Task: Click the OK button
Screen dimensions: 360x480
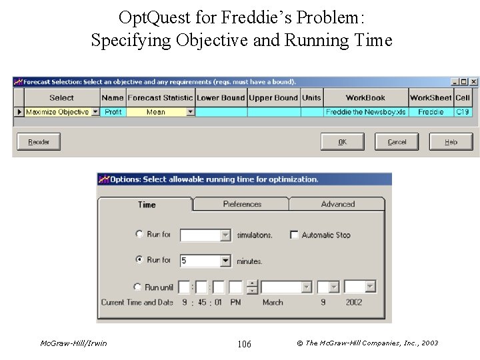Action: pos(343,141)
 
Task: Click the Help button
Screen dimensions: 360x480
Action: pos(451,141)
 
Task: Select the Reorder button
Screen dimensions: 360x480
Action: pos(39,141)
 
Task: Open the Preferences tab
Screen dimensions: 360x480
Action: pos(241,204)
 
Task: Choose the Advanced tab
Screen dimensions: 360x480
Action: pos(337,204)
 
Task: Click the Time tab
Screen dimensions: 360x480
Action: pos(147,205)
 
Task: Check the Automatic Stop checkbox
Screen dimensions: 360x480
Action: pos(294,235)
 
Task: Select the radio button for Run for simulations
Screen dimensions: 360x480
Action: pos(139,234)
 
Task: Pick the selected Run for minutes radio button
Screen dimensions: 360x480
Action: pos(139,259)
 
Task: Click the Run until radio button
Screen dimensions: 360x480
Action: pos(137,287)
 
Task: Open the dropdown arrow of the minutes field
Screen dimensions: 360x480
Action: pos(225,261)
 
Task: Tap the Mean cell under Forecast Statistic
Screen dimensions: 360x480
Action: pos(155,112)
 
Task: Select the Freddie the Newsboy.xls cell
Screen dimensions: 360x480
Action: pos(365,112)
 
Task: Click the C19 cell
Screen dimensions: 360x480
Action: pos(463,112)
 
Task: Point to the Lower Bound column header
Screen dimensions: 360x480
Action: pos(221,98)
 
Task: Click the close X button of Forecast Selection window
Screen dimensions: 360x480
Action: pos(473,81)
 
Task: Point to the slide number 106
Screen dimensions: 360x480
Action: pos(244,344)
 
